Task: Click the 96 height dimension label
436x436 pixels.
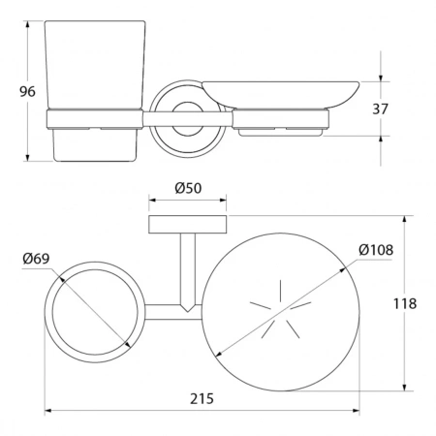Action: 27,92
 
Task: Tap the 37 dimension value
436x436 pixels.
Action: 380,109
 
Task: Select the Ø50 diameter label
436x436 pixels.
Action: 188,188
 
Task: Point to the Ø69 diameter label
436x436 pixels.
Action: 36,259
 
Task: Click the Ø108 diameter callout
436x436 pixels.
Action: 376,250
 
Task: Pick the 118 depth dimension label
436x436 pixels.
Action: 405,304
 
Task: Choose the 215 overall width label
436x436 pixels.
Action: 202,399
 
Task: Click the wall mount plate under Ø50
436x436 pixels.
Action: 188,224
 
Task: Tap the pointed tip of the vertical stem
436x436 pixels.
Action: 188,312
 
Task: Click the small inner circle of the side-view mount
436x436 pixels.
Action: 188,119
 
